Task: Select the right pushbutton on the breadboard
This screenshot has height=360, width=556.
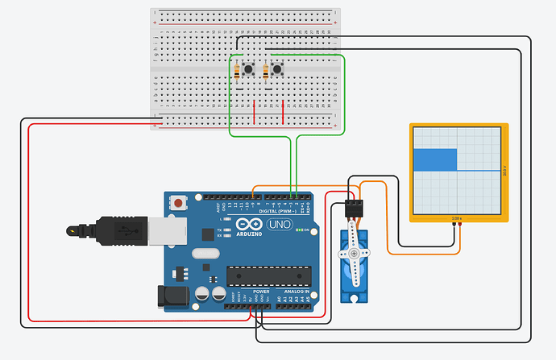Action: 278,71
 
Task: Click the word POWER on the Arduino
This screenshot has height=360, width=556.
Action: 261,292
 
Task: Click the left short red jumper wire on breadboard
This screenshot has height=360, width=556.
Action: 255,111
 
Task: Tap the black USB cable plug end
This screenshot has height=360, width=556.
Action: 76,232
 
